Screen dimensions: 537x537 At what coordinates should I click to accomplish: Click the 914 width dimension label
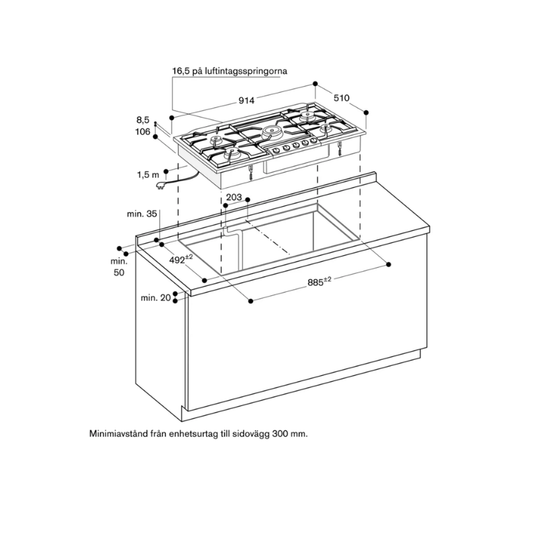click(x=246, y=100)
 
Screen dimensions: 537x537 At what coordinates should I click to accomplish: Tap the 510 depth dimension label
click(x=342, y=98)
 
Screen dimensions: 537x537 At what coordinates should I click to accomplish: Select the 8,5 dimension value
click(x=143, y=120)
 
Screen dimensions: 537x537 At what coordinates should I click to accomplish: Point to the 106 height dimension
click(x=143, y=132)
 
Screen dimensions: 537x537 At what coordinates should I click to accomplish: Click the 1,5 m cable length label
click(x=148, y=175)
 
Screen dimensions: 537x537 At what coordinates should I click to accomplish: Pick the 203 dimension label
click(x=234, y=197)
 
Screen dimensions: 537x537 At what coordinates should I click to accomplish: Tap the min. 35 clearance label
click(x=142, y=213)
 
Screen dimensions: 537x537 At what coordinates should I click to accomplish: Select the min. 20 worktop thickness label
click(x=156, y=298)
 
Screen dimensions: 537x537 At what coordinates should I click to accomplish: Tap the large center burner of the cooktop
click(x=273, y=131)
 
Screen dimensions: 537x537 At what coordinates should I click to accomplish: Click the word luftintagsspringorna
click(x=246, y=71)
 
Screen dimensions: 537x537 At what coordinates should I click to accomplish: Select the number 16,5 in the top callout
click(x=181, y=71)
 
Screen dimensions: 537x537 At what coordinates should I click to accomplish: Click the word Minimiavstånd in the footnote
click(x=117, y=434)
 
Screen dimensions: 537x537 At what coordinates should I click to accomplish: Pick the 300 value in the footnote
click(x=280, y=434)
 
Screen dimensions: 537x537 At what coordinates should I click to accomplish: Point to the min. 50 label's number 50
click(x=119, y=273)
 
